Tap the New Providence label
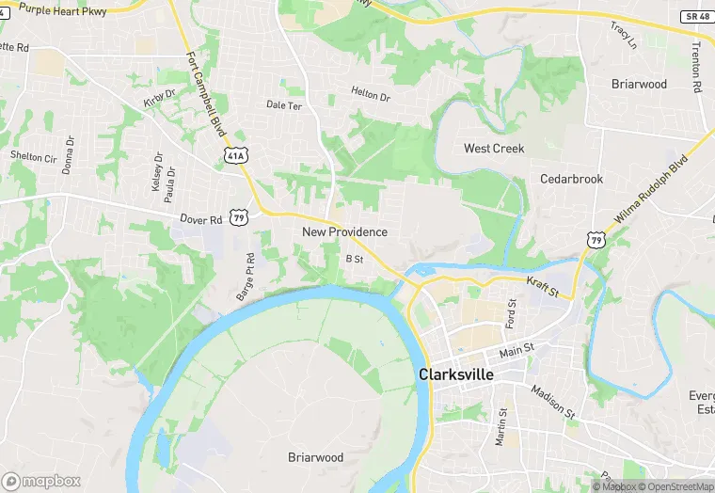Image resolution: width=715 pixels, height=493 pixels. [344, 231]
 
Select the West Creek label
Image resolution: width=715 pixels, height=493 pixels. [494, 149]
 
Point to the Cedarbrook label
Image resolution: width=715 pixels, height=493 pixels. [571, 179]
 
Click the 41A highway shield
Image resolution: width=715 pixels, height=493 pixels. [235, 155]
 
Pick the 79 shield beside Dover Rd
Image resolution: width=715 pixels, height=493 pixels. [240, 217]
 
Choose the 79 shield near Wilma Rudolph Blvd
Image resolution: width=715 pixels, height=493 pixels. [596, 241]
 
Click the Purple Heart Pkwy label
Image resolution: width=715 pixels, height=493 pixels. [62, 10]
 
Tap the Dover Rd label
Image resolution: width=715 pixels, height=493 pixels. [201, 219]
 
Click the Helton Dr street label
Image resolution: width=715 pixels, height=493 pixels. [370, 94]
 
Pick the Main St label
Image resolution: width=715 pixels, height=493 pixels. [516, 349]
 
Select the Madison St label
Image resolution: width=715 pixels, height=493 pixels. [551, 401]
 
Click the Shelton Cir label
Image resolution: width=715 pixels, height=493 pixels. [33, 157]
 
